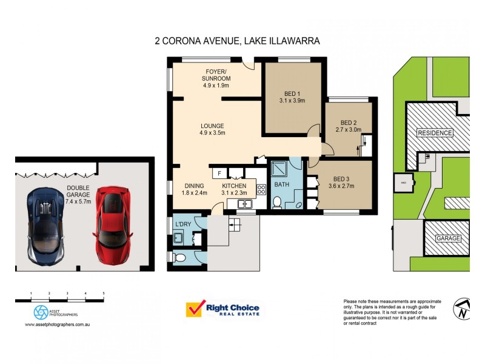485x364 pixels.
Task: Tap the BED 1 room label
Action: coord(292,93)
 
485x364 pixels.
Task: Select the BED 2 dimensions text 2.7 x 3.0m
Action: coord(349,129)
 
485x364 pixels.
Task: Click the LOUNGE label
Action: coord(213,126)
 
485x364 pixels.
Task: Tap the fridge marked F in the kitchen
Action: coord(219,174)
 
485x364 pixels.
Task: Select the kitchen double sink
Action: coord(245,204)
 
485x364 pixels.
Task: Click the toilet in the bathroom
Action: coord(276,202)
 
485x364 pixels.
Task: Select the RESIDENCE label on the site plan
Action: coord(435,133)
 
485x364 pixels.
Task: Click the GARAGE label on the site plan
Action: coord(449,238)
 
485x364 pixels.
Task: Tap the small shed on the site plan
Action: coord(403,181)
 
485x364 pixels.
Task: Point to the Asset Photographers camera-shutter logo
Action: coord(41,312)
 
